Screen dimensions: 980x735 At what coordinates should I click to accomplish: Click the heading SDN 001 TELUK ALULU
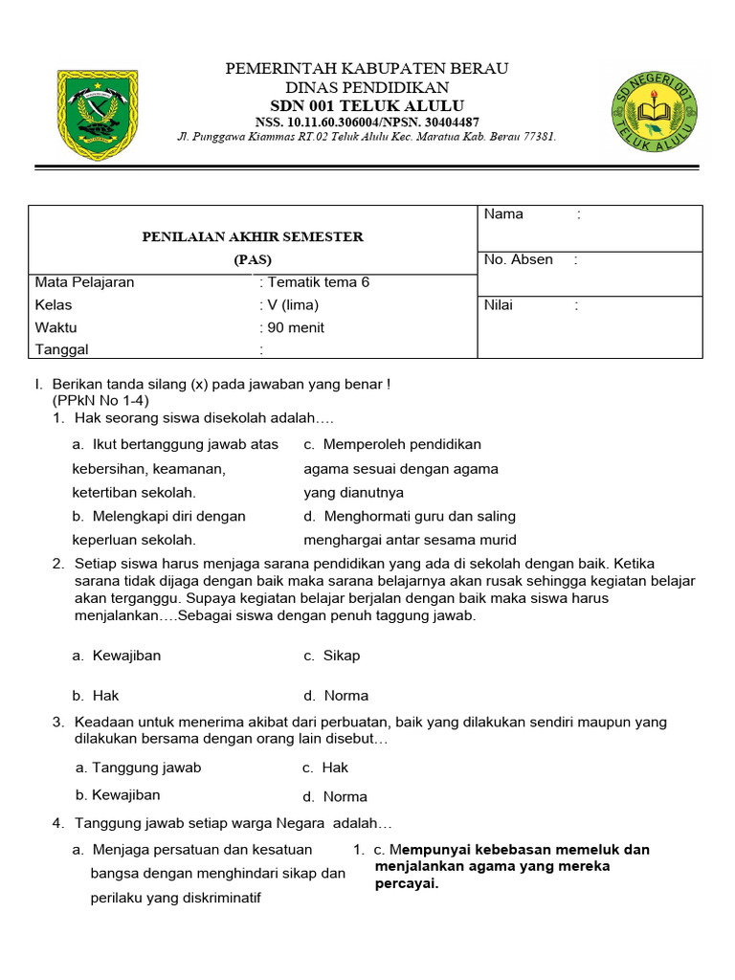(367, 105)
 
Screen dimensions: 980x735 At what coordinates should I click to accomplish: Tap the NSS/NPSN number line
(367, 122)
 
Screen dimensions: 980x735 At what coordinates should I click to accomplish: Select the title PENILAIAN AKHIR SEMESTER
(253, 236)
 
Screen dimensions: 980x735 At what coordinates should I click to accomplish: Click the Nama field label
(503, 214)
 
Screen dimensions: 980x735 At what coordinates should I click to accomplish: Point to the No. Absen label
(518, 259)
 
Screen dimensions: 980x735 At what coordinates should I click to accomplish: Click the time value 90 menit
(296, 327)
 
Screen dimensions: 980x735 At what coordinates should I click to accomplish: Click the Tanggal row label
(61, 350)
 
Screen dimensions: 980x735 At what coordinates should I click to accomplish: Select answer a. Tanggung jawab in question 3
(139, 768)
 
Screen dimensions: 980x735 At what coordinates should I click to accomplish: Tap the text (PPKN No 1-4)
(100, 400)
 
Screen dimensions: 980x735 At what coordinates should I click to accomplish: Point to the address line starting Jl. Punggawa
(367, 137)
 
